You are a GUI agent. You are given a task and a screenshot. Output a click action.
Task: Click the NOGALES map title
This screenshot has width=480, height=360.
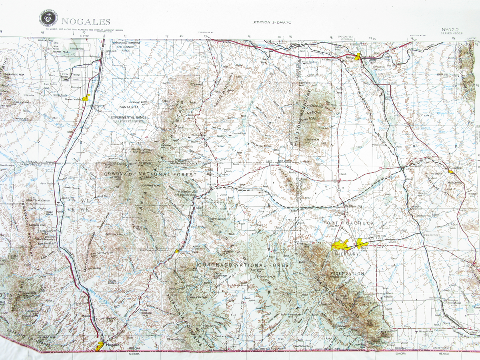click(86, 22)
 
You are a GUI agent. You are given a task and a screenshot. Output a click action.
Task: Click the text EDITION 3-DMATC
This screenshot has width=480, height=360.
click(272, 23)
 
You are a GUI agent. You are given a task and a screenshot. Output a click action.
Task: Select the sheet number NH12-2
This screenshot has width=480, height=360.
click(451, 29)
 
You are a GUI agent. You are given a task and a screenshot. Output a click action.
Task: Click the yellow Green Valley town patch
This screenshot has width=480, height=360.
click(86, 98)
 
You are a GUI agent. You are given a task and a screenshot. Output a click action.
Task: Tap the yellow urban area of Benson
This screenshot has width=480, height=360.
click(358, 57)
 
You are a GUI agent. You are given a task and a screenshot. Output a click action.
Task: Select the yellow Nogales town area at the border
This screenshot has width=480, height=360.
click(100, 346)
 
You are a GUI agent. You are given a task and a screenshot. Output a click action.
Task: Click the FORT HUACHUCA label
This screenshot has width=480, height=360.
click(349, 223)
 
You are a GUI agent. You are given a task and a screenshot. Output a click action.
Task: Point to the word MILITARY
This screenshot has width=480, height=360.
click(346, 254)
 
